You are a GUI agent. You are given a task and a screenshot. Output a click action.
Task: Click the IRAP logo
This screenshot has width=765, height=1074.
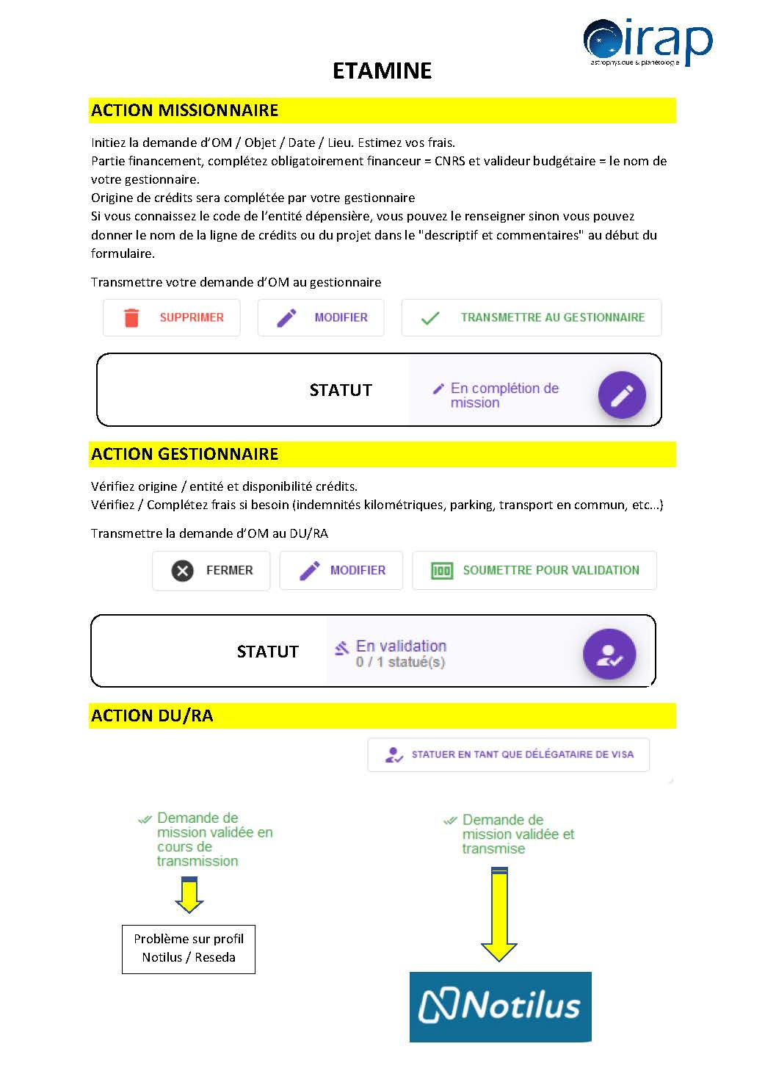pos(647,42)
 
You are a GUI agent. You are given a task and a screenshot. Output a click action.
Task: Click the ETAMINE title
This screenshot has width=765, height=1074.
pos(382,71)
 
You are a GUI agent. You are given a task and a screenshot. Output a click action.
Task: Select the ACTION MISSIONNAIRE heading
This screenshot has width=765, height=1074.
pos(185,110)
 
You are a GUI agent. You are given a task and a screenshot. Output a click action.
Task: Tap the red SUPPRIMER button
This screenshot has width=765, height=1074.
pos(172,317)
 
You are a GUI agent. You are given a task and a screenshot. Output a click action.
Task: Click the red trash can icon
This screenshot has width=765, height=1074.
pos(131,317)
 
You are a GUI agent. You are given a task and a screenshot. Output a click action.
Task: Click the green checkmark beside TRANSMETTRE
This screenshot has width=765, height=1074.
pos(430,318)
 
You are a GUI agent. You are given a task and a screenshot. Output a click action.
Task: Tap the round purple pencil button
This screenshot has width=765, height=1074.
pos(622,395)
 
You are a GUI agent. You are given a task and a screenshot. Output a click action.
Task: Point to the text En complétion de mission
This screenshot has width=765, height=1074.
pos(504,395)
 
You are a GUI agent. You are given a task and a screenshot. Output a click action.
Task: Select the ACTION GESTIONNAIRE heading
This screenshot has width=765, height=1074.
pos(185,454)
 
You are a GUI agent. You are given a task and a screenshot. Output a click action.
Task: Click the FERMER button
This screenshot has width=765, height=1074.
pos(211,570)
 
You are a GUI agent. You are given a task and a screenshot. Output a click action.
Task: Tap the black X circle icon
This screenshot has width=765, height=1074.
pos(183,571)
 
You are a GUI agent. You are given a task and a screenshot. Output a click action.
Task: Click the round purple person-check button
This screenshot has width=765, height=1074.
pos(609,654)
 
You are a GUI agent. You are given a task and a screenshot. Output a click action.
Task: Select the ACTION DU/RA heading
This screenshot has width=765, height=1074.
pos(152,716)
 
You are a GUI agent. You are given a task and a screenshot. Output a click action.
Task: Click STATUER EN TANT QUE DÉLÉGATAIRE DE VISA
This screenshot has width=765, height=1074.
pos(508,754)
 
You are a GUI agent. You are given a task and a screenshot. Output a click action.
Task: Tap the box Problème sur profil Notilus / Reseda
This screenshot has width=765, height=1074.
pos(189,948)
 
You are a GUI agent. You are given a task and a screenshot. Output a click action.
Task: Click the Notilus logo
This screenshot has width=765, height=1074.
pos(500,1006)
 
